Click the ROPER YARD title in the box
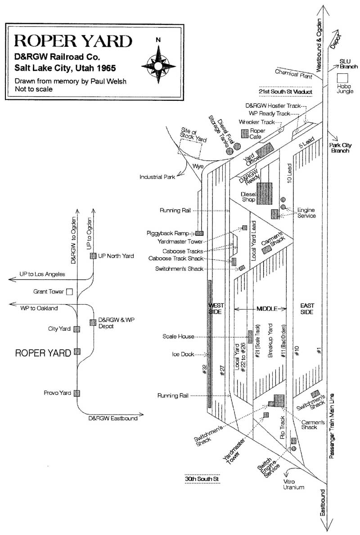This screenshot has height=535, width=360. (x=73, y=42)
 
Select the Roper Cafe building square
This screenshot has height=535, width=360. (x=245, y=133)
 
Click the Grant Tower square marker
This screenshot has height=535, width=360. (x=69, y=292)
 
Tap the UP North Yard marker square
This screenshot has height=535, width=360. (x=93, y=256)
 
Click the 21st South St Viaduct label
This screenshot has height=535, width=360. (x=287, y=92)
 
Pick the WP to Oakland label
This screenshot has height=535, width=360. (x=40, y=308)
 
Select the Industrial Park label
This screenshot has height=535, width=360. (x=157, y=177)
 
